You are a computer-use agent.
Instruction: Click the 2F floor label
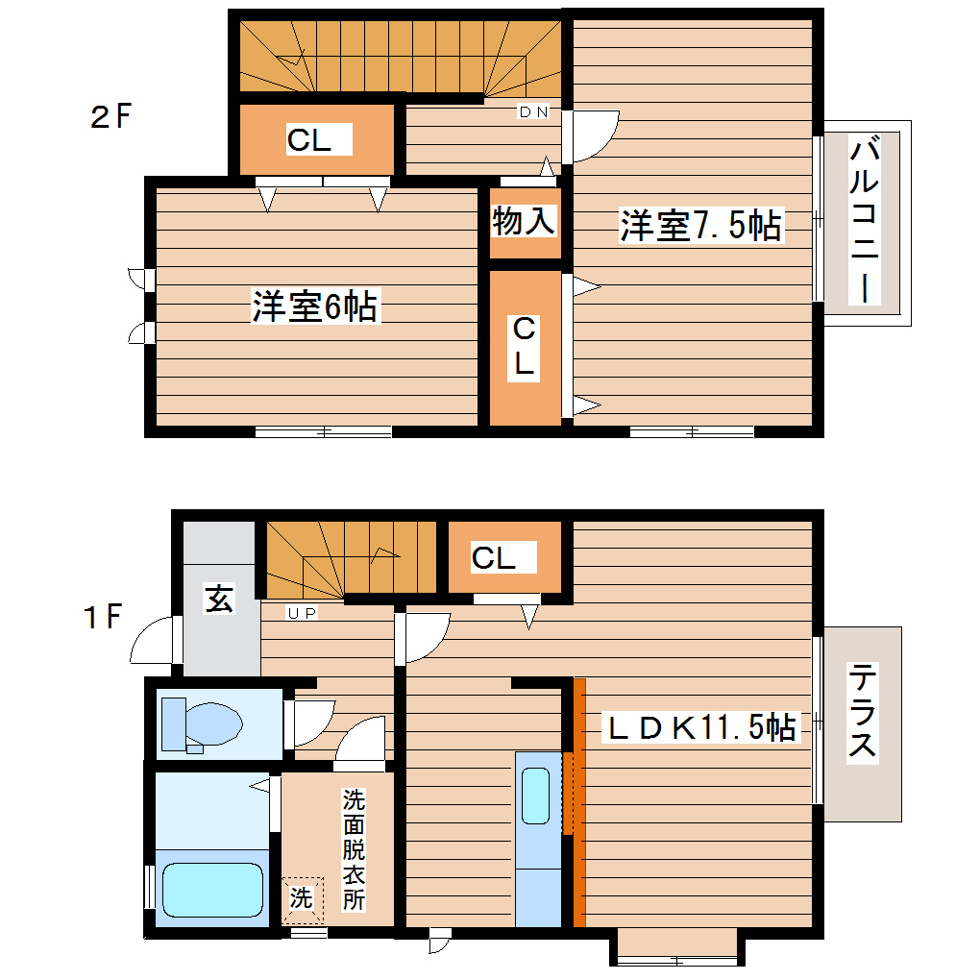pos(109,117)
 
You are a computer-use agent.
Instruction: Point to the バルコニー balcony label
pos(865,221)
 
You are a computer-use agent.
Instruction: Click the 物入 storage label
pos(524,221)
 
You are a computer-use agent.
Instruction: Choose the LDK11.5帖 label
pos(699,728)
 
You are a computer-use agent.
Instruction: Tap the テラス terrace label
pos(861,712)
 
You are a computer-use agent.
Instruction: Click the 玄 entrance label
pos(219,600)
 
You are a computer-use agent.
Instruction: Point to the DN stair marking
pos(533,112)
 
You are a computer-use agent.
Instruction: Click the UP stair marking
pos(303,612)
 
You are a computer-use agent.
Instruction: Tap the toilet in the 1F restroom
pos(202,723)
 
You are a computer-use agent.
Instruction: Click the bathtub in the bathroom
pos(212,890)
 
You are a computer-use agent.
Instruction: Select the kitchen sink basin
pos(535,795)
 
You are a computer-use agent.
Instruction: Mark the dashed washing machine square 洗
pos(303,899)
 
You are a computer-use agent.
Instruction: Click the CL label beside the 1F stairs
pos(494,557)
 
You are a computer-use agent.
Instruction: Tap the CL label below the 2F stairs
pos(308,140)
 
